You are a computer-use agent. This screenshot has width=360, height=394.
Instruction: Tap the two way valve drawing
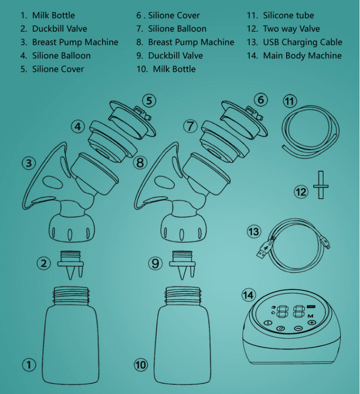tap(321, 185)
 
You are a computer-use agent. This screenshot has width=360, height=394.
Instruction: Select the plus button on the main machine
tap(312, 322)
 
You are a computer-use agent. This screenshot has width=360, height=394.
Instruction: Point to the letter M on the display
tap(310, 316)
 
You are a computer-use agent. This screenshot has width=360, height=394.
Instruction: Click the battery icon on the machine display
tap(311, 307)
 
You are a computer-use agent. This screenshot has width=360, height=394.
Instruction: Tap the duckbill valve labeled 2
tap(70, 264)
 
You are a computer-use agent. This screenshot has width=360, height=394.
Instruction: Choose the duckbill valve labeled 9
tap(182, 264)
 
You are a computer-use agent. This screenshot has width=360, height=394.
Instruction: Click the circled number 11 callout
tap(290, 101)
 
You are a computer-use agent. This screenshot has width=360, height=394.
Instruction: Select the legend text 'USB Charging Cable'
tap(302, 42)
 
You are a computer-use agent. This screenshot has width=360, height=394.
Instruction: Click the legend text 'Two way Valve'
tap(291, 29)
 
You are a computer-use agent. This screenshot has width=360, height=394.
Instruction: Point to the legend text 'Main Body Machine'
tap(302, 56)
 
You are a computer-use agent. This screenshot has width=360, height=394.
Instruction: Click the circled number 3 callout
tap(29, 163)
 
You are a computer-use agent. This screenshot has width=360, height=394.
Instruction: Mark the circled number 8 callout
tap(140, 162)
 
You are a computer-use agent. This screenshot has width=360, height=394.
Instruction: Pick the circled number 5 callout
tap(149, 101)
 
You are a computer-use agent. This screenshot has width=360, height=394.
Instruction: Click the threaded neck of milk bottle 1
tap(71, 296)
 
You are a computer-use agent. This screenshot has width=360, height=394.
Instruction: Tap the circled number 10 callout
tap(141, 365)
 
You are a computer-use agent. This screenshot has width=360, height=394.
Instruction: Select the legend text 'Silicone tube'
tap(289, 15)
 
